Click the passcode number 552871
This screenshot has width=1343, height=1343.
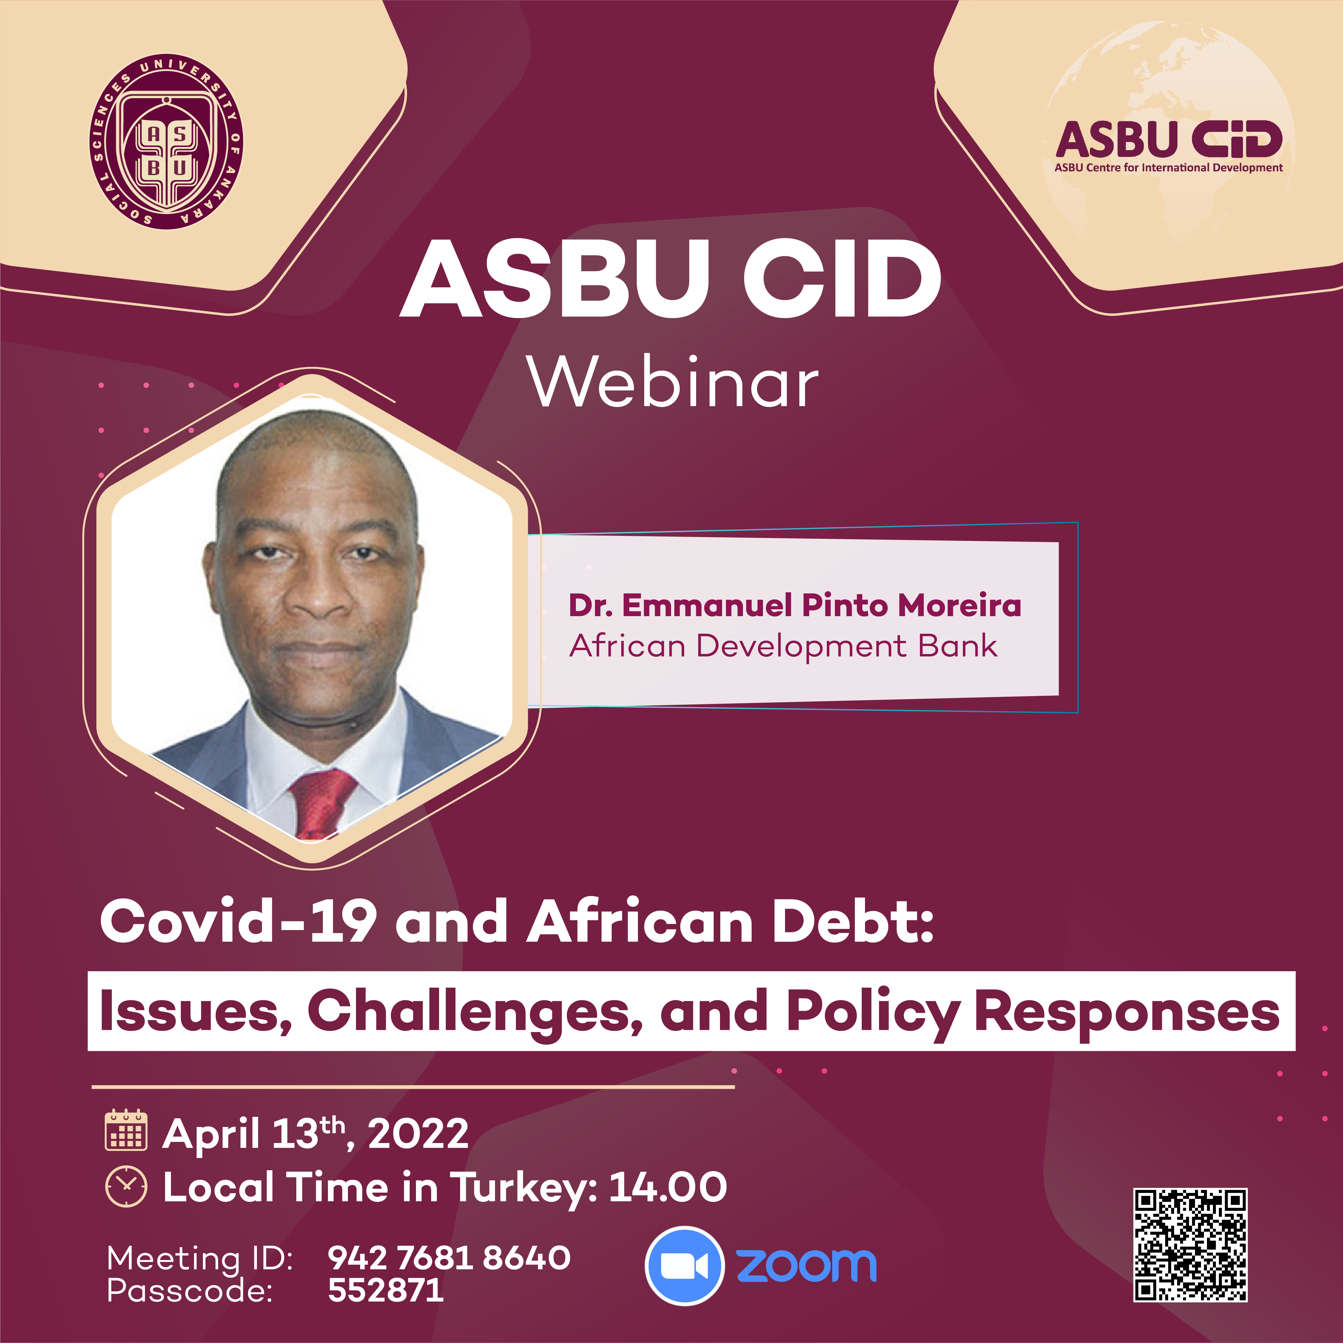click(x=386, y=1290)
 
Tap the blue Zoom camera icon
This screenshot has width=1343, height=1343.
click(x=685, y=1266)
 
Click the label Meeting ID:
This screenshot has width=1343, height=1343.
click(x=200, y=1258)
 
